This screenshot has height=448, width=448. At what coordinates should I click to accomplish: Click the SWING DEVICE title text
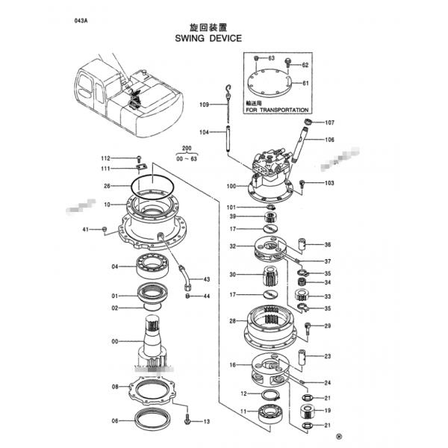coord(208,37)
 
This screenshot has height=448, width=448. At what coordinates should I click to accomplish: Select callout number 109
coord(204,105)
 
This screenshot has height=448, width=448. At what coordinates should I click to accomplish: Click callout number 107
coord(329,122)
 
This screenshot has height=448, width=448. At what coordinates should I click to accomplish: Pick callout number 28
coord(232,321)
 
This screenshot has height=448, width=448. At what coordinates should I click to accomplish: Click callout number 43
coord(207,279)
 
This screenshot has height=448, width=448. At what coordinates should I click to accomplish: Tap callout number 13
coord(207,421)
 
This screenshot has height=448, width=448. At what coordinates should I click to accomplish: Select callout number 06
coord(115,421)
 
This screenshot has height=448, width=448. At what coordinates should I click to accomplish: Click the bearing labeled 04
coord(154,266)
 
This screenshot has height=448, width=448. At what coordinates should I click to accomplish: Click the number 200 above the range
coord(186,149)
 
